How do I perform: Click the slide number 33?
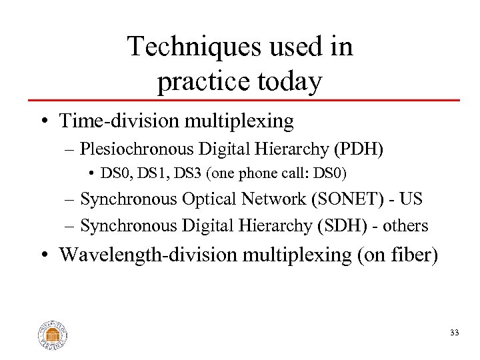click(x=454, y=333)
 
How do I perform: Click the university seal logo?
click(x=53, y=334)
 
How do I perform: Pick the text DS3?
click(x=179, y=174)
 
